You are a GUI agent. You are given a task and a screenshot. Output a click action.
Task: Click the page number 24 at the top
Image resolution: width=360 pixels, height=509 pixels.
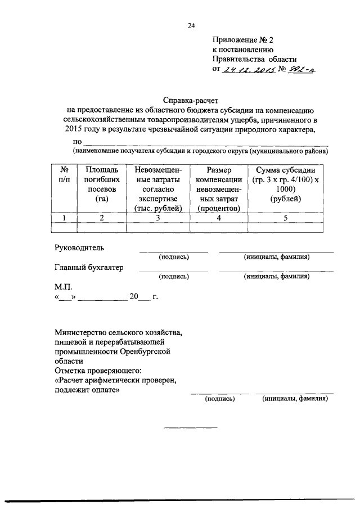[x=191, y=26]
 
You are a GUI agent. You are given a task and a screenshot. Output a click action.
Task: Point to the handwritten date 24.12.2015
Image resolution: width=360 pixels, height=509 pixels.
[x=247, y=70]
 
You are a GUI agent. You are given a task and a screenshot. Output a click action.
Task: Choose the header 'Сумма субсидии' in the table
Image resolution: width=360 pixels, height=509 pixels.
[x=285, y=170]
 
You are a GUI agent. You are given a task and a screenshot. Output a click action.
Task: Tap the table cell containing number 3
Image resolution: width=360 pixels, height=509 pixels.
[x=158, y=218]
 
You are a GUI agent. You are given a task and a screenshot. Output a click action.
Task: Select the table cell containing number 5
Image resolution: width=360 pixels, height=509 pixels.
[x=285, y=218]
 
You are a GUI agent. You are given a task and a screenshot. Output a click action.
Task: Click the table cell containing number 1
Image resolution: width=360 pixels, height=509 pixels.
[x=65, y=218]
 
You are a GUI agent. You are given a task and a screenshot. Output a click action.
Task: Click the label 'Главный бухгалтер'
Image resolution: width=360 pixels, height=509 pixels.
[x=89, y=267]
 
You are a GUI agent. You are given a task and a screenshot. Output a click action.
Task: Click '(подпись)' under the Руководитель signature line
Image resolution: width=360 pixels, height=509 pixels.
[x=174, y=257]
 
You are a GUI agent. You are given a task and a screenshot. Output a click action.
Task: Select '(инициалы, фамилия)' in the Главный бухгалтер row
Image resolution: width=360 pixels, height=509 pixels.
[x=276, y=276]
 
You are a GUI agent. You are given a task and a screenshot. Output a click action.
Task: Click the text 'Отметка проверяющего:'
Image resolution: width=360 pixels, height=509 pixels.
[x=98, y=371]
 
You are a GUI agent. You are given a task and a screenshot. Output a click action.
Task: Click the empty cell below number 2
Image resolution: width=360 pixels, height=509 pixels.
[x=101, y=227]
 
